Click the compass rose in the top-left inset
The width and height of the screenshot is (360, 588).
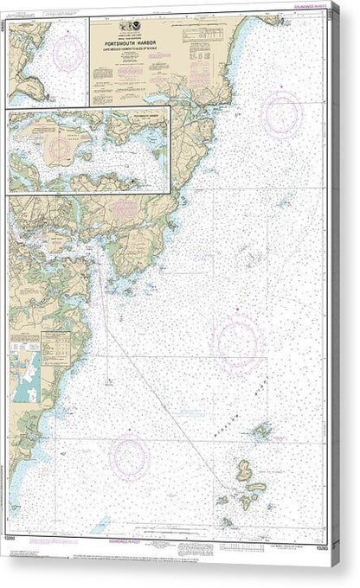coord(66,53)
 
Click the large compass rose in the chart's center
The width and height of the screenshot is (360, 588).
coord(236,343)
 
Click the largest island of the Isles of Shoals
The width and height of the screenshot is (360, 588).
coord(246,470)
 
